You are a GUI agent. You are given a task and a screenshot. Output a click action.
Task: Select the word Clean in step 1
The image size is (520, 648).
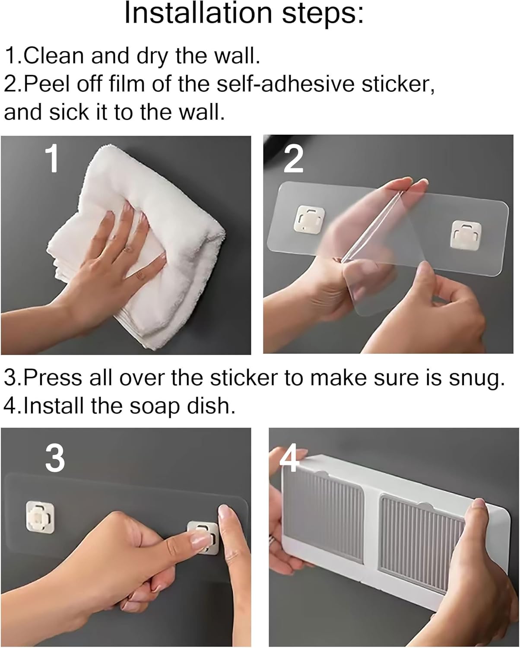[x=53, y=56]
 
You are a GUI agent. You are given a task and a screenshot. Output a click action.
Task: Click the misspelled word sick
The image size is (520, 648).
[x=69, y=112]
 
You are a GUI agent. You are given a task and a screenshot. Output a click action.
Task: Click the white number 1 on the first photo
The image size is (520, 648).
[x=52, y=158]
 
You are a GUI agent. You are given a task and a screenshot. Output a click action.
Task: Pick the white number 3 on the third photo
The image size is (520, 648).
[x=55, y=459]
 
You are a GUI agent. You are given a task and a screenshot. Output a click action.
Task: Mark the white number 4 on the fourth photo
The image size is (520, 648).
[x=289, y=457]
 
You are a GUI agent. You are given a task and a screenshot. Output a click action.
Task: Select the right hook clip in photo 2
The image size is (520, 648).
[x=466, y=235]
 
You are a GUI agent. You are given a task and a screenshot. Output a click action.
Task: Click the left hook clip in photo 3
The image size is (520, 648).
[x=40, y=517]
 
